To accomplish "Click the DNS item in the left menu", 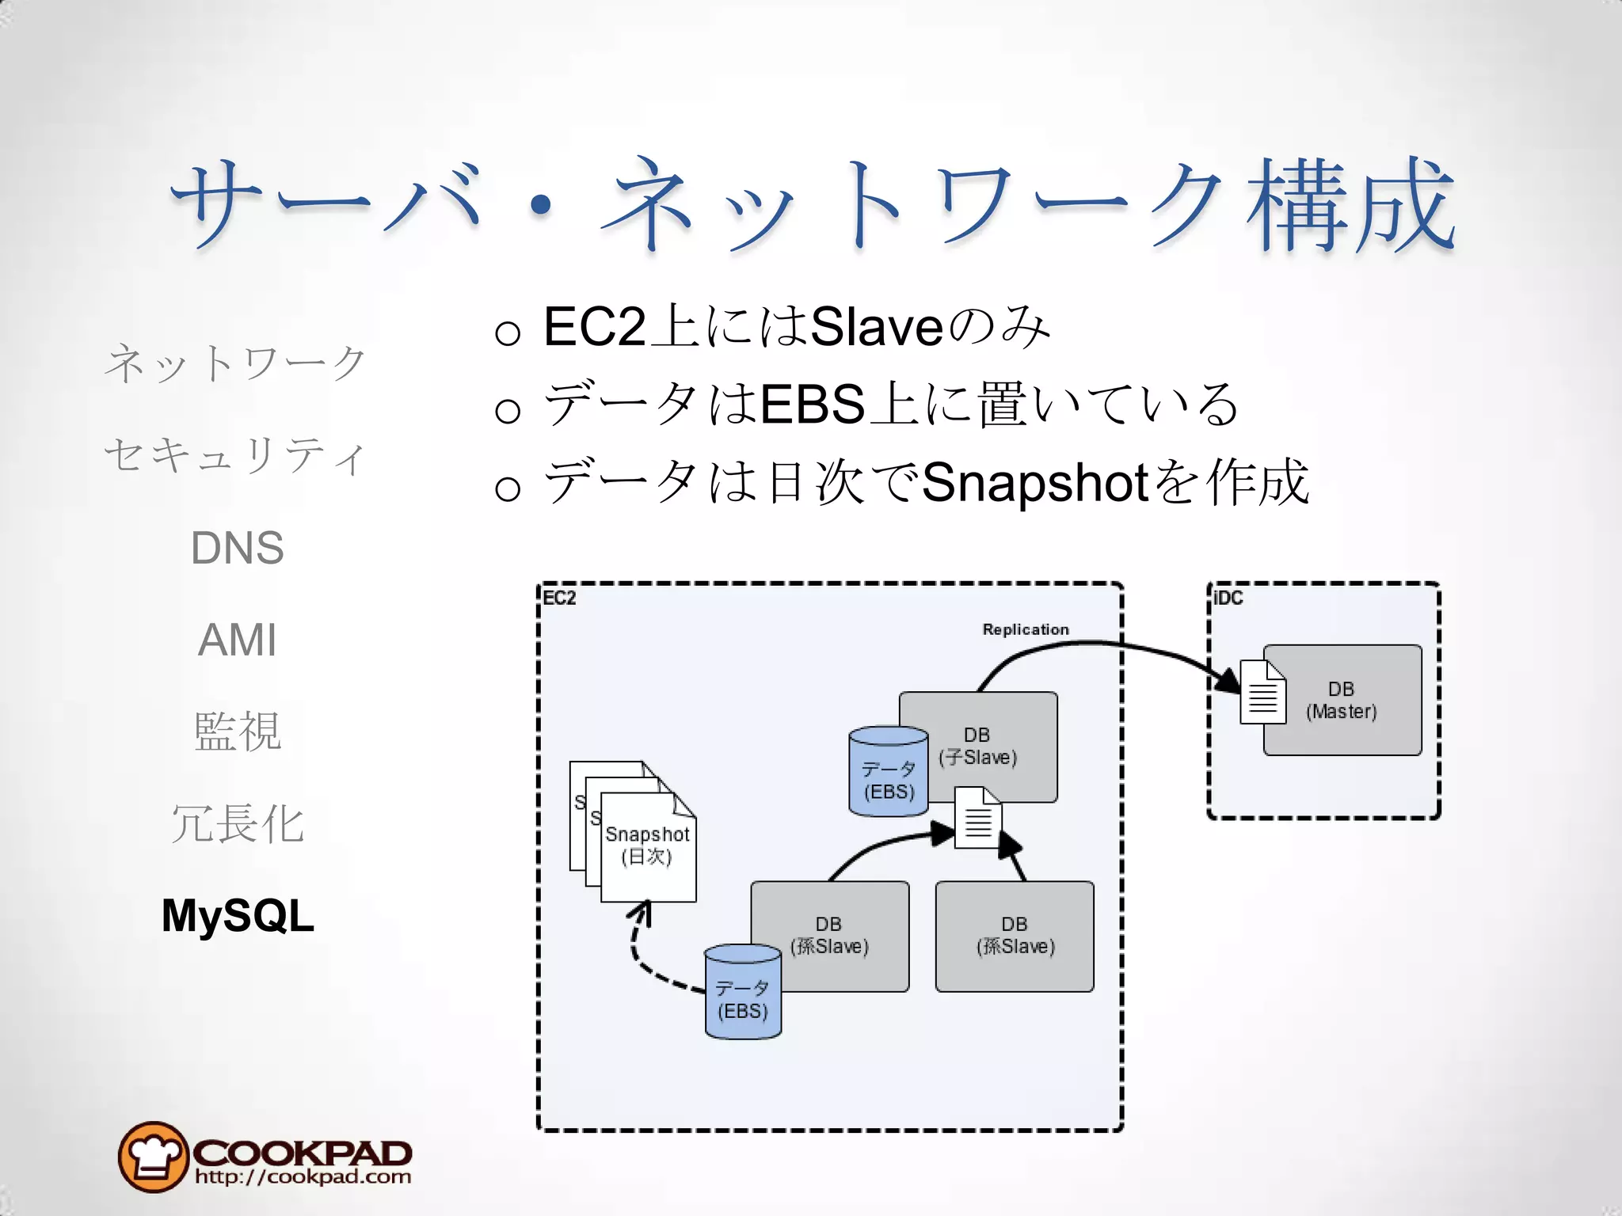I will point(237,547).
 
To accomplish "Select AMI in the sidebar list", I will point(237,640).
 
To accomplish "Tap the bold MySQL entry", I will point(238,916).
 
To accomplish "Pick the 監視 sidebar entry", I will point(238,731).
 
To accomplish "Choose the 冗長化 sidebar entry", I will point(238,823).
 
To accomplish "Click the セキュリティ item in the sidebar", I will point(235,456).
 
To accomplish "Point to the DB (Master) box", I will point(1354,701).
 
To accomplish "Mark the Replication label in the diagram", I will point(1025,629).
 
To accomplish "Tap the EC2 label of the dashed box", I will point(559,598).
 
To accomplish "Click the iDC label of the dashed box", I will point(1228,598).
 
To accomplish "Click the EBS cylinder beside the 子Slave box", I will point(888,772).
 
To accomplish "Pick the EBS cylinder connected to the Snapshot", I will point(742,992).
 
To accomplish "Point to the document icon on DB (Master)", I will point(1262,693).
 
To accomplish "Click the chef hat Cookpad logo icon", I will point(153,1157).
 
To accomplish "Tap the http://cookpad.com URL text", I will point(303,1176).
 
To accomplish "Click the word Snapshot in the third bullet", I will point(1035,482).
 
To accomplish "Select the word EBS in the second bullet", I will point(812,404).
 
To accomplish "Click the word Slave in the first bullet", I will point(876,326).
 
